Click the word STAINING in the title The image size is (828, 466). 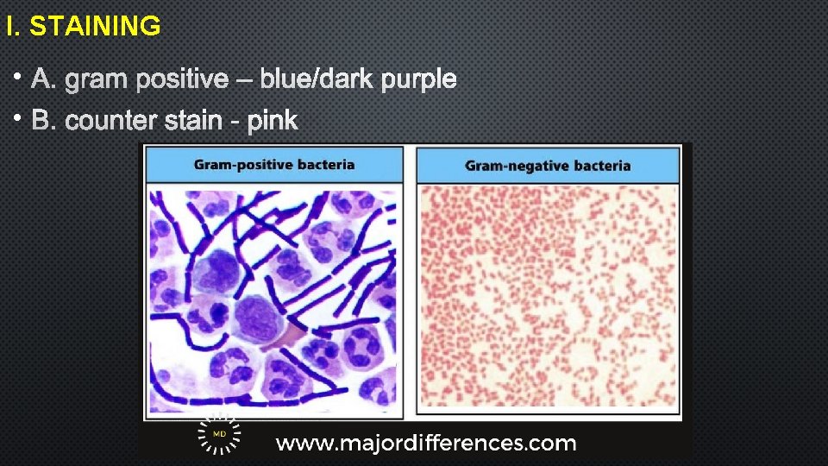95,27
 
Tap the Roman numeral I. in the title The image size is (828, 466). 12,27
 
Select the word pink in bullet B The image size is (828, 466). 273,121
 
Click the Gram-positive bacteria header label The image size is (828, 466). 273,164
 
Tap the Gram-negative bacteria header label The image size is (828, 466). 548,166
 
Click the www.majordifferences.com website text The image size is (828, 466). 425,444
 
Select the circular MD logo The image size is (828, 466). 218,435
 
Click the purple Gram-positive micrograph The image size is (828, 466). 273,298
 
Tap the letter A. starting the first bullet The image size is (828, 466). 42,80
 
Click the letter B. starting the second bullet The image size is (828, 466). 42,121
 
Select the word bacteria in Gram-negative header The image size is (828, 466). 601,166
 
